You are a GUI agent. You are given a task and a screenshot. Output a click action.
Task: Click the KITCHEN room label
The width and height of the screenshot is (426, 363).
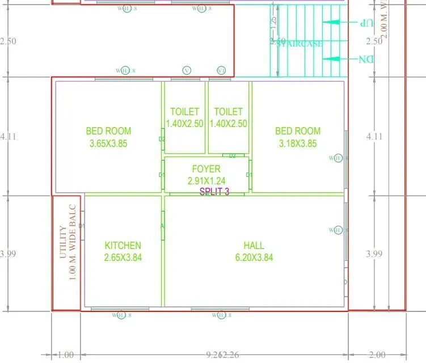pyautogui.click(x=123, y=246)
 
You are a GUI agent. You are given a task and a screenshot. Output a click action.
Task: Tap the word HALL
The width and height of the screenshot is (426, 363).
pyautogui.click(x=254, y=246)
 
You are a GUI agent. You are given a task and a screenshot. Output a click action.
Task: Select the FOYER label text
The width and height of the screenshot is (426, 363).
pyautogui.click(x=206, y=169)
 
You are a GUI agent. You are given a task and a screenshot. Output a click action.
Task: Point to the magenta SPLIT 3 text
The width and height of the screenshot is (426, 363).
pyautogui.click(x=214, y=192)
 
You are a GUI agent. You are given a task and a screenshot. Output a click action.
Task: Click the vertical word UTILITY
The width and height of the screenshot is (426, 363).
pyautogui.click(x=64, y=242)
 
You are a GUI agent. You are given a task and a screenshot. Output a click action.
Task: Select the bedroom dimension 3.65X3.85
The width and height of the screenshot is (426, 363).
pyautogui.click(x=108, y=143)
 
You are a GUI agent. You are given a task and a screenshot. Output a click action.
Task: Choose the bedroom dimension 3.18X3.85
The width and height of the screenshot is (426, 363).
pyautogui.click(x=298, y=143)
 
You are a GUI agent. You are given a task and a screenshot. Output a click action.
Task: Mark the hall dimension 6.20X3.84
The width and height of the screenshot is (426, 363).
pyautogui.click(x=254, y=258)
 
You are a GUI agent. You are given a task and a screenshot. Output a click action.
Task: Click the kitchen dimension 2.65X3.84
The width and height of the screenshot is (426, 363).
pyautogui.click(x=123, y=258)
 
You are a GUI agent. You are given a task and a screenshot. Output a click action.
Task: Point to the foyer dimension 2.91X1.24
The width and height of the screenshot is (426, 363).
pyautogui.click(x=206, y=181)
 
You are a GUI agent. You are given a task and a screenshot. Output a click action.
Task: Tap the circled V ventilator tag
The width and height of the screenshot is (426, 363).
pyautogui.click(x=187, y=70)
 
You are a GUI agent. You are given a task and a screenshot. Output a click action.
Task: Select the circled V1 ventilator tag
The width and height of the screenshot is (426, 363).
pyautogui.click(x=221, y=70)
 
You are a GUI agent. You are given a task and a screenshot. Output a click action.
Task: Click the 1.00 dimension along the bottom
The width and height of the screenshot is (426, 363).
pyautogui.click(x=66, y=355)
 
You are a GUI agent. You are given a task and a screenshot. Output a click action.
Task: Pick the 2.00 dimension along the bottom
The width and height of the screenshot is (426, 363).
pyautogui.click(x=377, y=355)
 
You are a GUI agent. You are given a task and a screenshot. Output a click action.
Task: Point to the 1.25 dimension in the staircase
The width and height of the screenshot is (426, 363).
pyautogui.click(x=273, y=23)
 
